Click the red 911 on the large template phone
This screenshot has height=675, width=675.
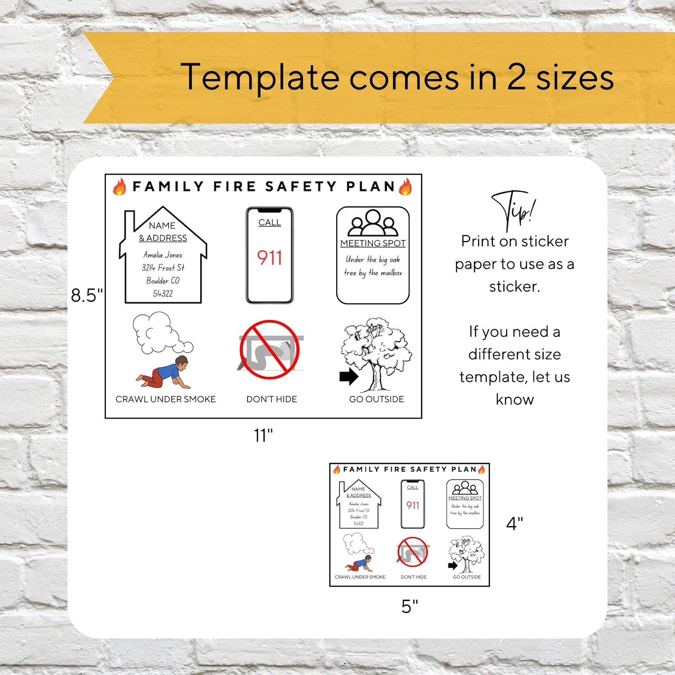pos(269,258)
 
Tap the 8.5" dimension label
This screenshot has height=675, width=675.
pos(87,295)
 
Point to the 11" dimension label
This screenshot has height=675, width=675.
pos(263,435)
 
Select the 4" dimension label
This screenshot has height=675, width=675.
pos(514,524)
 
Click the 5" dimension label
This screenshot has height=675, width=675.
pos(410,606)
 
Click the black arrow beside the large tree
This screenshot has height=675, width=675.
pos(349,377)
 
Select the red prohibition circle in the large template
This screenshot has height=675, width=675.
pos(269,349)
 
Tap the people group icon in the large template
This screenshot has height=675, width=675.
pos(373,223)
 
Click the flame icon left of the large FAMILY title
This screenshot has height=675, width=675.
pos(119,187)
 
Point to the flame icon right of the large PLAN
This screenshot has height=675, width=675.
pos(406,187)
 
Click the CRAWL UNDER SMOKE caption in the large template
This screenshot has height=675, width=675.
pos(166,399)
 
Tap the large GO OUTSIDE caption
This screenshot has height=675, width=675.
pos(377,399)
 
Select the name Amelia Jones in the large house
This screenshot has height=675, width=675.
pos(163,255)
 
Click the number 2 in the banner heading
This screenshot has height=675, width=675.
pos(516,77)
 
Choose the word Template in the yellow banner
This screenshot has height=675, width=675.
pos(260,77)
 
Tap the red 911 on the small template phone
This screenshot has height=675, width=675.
pos(413,505)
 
